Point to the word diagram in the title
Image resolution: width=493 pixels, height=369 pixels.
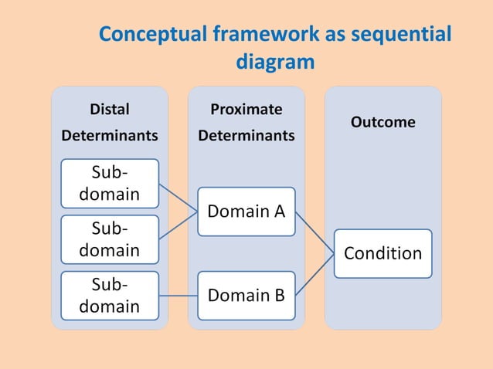275,62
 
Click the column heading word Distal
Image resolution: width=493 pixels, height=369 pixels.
110,109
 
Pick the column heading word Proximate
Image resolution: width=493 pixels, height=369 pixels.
246,109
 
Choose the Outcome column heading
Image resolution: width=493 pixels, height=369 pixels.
382,122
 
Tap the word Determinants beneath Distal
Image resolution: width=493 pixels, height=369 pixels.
110,136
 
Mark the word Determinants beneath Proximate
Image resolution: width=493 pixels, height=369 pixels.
246,136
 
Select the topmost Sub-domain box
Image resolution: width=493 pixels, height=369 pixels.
110,183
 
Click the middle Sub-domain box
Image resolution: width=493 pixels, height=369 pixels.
110,239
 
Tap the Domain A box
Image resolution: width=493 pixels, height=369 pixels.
246,211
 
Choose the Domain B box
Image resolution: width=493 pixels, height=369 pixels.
246,295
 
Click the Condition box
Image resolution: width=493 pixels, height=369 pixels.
382,253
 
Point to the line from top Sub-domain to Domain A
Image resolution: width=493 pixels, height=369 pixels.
178,197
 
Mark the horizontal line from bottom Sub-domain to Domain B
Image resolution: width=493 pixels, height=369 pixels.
178,296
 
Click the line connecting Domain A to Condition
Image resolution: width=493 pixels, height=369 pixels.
314,232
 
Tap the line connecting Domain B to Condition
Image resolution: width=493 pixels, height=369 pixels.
314,274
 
